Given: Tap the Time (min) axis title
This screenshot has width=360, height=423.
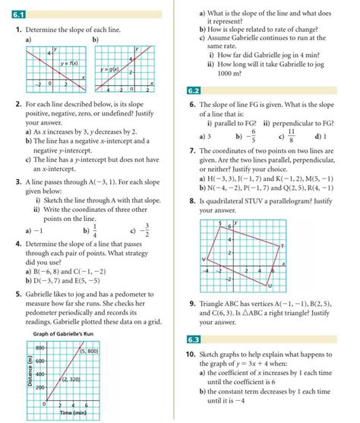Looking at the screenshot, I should (63, 417).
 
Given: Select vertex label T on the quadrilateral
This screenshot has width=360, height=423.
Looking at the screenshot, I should (281, 245).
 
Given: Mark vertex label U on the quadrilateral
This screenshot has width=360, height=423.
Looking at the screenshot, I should (270, 286).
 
